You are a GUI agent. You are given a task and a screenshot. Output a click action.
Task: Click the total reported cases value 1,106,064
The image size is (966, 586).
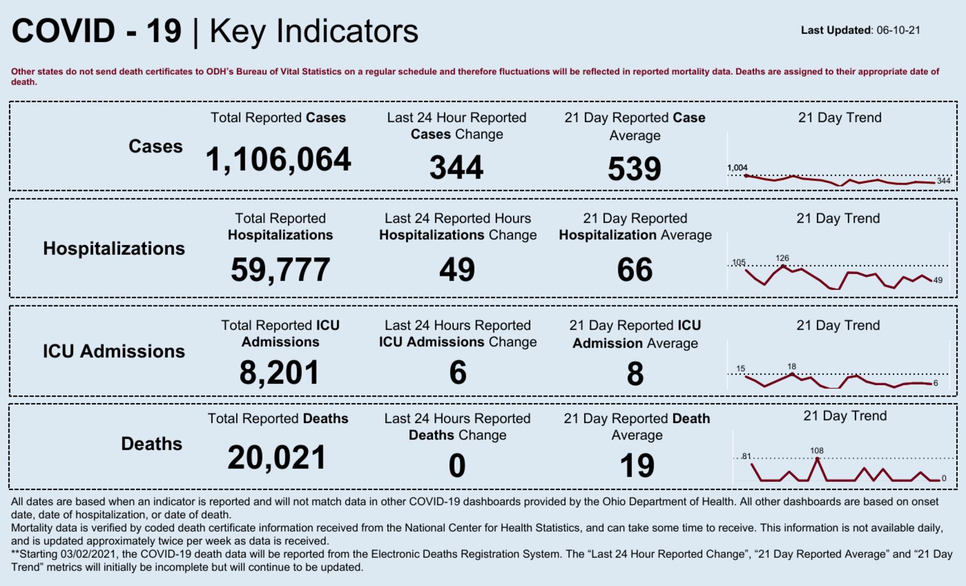click(x=278, y=160)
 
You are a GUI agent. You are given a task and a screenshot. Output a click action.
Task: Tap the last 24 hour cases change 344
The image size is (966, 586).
click(x=456, y=168)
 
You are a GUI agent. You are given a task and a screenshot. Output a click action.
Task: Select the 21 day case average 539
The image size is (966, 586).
click(x=635, y=169)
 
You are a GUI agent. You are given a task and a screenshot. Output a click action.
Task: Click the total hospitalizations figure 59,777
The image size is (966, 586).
click(x=280, y=270)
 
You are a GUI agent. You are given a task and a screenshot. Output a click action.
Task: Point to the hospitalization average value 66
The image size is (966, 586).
click(x=635, y=270)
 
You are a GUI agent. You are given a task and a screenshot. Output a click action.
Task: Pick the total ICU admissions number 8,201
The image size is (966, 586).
click(x=279, y=372)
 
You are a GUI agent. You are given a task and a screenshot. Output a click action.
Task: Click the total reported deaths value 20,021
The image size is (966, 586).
click(x=277, y=457)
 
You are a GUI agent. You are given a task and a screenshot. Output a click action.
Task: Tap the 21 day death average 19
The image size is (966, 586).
click(x=637, y=466)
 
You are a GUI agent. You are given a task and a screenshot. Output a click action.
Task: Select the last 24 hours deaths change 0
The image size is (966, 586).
click(x=457, y=466)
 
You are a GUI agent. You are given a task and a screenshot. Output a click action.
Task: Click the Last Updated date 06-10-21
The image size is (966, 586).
click(x=898, y=30)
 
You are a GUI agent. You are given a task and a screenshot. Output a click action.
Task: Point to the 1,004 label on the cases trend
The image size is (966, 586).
click(x=737, y=168)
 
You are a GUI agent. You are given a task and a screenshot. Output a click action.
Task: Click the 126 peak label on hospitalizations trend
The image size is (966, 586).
click(x=782, y=258)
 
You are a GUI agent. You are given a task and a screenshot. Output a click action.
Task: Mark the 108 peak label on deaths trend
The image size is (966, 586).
click(x=817, y=451)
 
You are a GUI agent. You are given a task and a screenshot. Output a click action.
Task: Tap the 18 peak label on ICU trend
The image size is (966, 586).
click(x=792, y=366)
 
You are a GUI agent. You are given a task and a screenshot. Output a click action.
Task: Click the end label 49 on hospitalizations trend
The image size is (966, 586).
click(x=938, y=280)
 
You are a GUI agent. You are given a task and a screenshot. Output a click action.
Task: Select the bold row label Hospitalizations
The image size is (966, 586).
click(x=114, y=249)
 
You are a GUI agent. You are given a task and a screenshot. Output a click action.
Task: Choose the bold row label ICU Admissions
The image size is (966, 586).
click(x=114, y=351)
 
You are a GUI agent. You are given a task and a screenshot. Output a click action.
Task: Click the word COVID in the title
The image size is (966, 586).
click(x=63, y=31)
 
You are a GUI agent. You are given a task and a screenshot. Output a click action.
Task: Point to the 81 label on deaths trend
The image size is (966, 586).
click(x=747, y=456)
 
